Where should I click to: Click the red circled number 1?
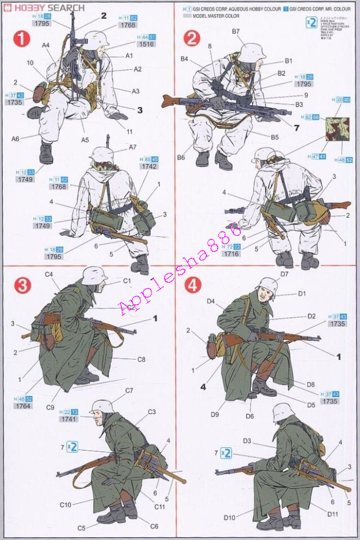tap(22, 40)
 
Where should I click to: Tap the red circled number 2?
tap(192, 39)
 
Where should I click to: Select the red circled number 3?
tap(22, 285)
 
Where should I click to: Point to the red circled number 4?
tap(192, 285)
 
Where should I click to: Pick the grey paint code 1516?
tap(146, 44)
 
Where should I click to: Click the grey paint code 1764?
tap(23, 406)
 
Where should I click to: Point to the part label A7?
tap(132, 147)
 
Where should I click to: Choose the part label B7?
tap(236, 31)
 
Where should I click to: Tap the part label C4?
tap(49, 274)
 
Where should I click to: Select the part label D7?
tap(284, 274)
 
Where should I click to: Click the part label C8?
tap(141, 359)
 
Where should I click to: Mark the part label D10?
tap(229, 517)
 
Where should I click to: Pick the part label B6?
tap(181, 157)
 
